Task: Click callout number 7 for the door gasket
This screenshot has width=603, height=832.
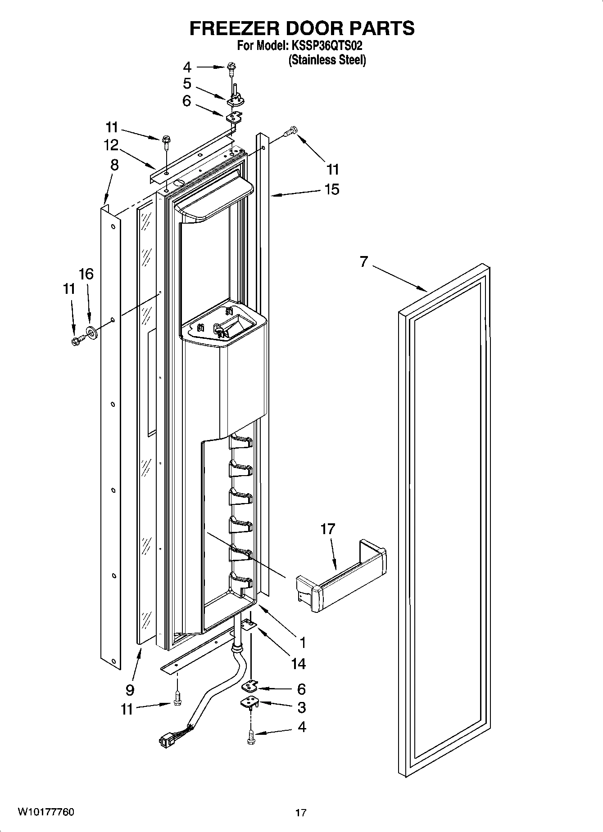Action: click(364, 261)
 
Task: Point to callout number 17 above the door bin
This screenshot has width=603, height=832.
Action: click(328, 529)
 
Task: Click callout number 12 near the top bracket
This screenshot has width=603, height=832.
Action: click(111, 145)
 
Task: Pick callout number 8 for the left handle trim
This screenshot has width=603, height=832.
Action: click(114, 165)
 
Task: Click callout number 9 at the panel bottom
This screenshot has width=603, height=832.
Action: click(130, 689)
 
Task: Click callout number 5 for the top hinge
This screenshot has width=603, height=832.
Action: click(187, 84)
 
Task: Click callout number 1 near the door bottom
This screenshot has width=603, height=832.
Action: click(303, 643)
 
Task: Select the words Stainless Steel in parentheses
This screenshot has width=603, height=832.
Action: click(327, 60)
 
